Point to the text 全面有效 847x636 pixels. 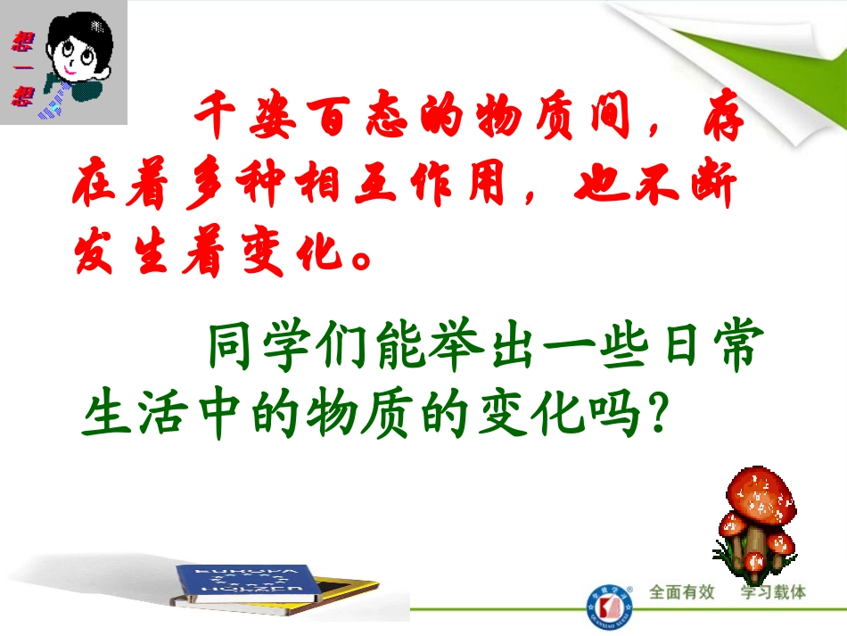(x=682, y=592)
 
